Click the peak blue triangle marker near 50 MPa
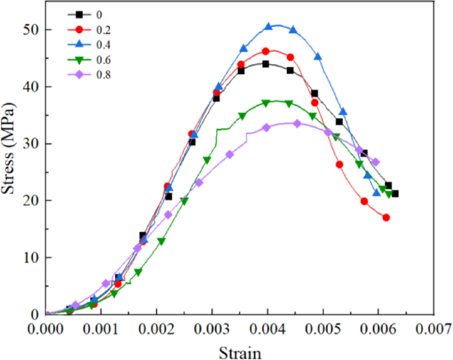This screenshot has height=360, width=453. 268,26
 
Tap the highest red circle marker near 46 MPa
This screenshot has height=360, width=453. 266,51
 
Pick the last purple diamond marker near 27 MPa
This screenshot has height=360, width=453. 376,162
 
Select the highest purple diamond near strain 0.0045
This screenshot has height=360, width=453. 297,124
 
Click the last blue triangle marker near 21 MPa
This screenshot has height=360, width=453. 377,193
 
